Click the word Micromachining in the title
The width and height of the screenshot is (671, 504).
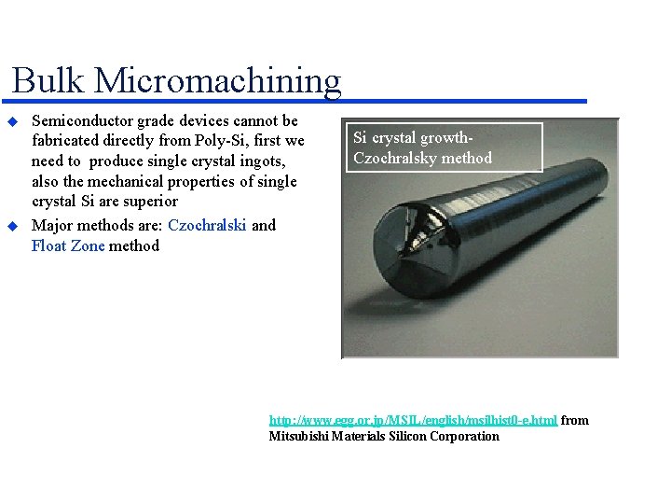pos(217,82)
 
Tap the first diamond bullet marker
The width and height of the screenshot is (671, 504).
pos(13,122)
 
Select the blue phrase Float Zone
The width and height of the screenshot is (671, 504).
pos(68,246)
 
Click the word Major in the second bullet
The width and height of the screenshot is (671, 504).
pos(52,225)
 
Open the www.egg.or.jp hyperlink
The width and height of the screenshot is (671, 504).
pos(413,420)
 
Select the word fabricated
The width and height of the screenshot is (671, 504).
pos(68,141)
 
